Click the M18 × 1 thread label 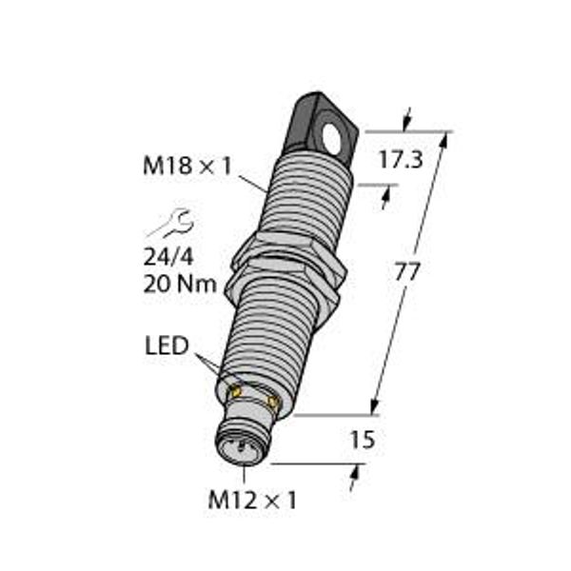pos(187,167)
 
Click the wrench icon pos(171,225)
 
